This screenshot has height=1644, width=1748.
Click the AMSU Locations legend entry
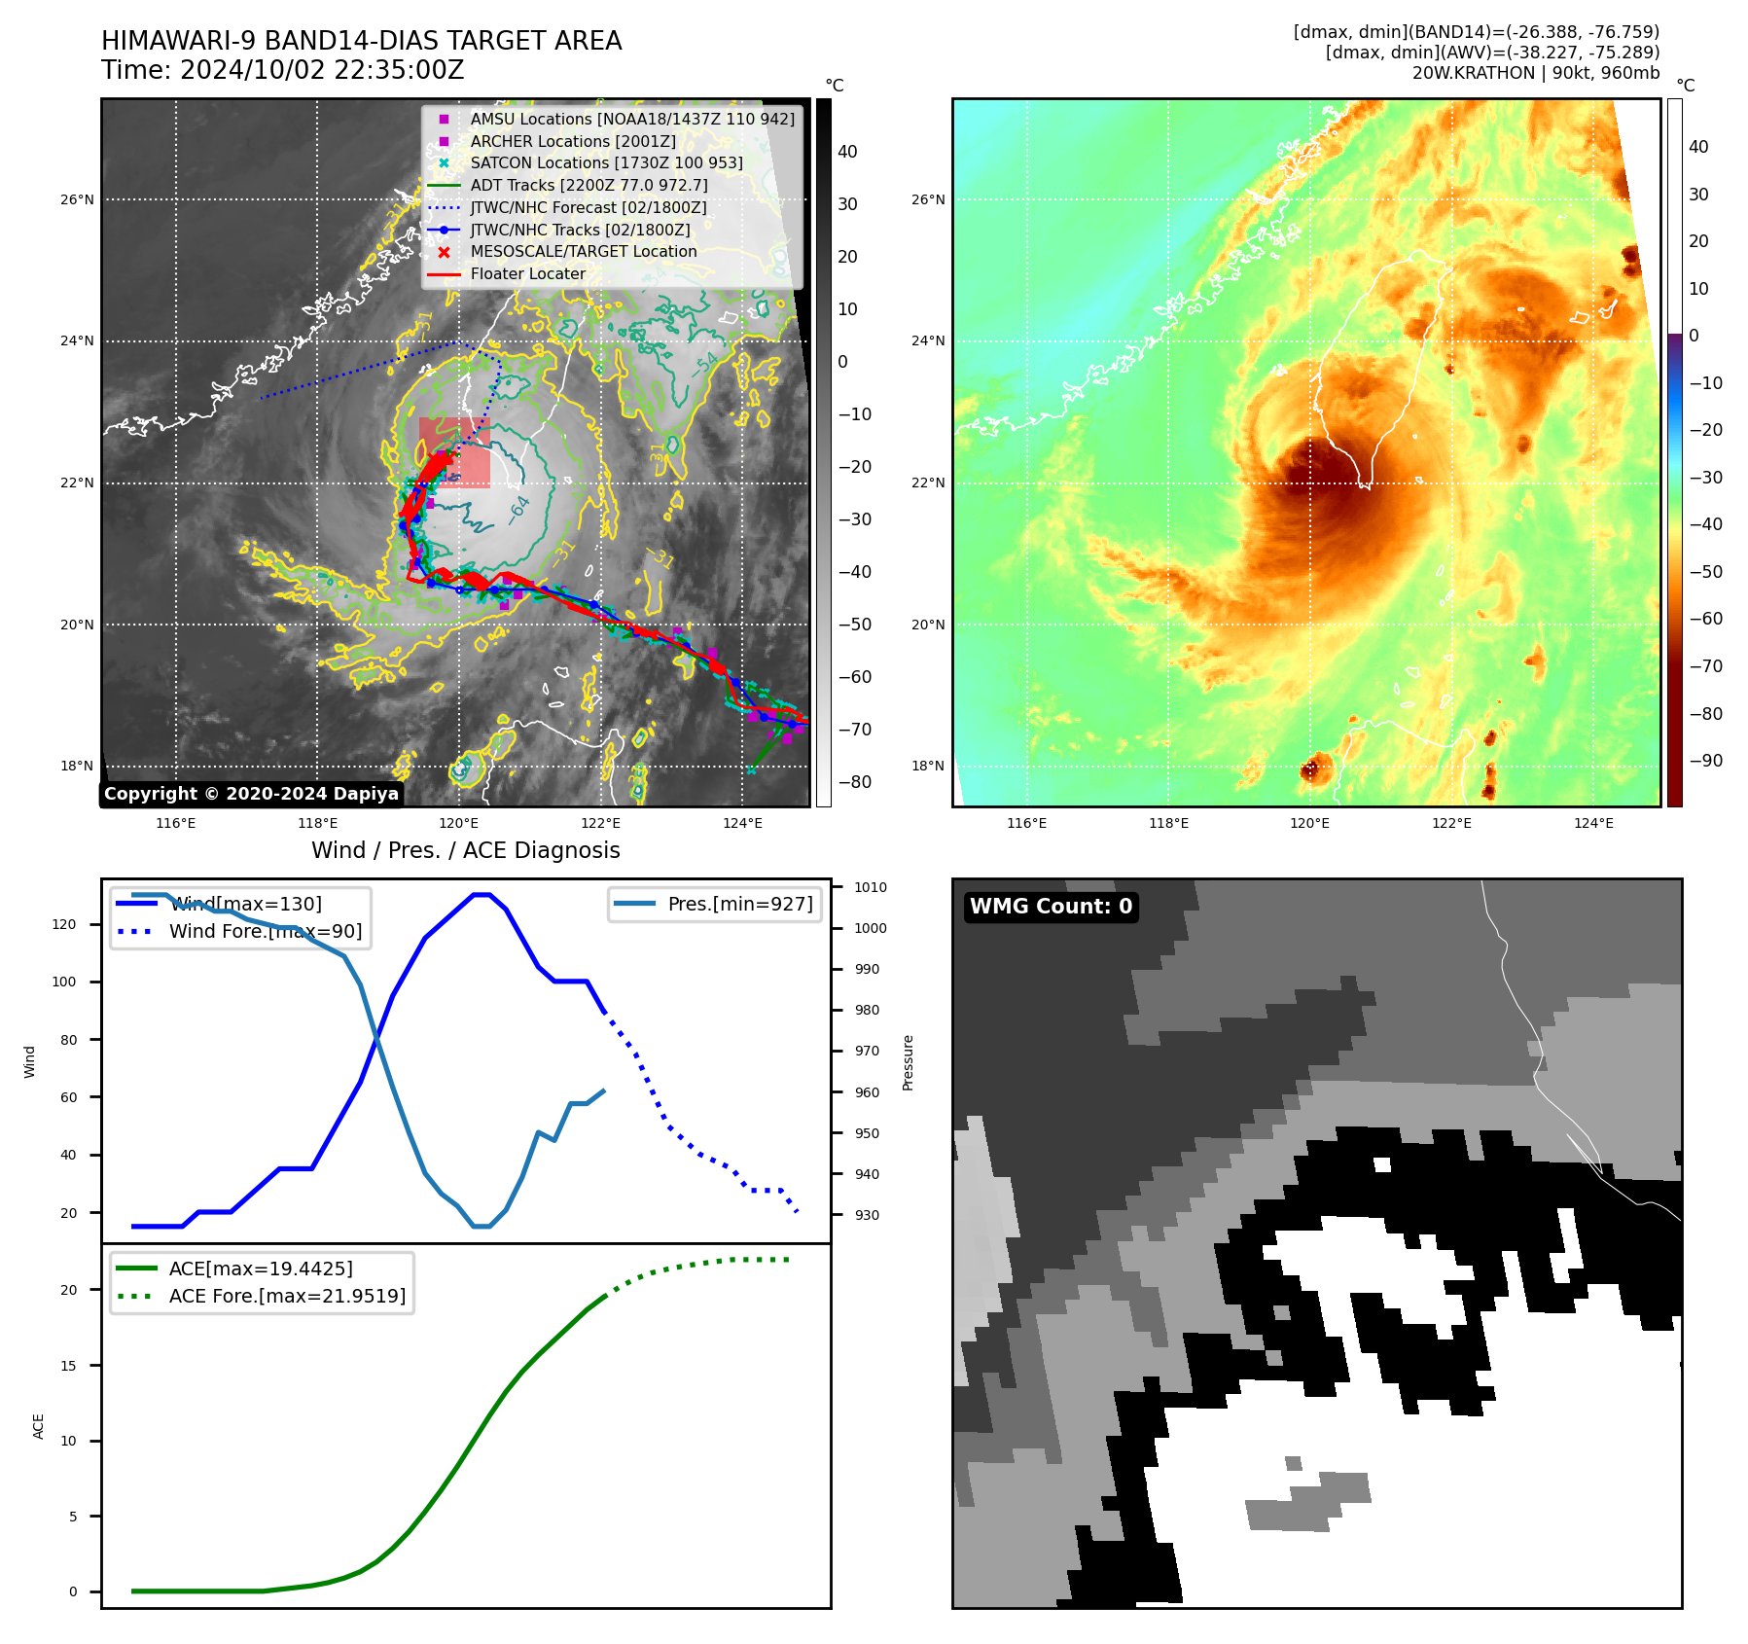[631, 119]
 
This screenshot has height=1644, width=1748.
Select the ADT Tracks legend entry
[589, 185]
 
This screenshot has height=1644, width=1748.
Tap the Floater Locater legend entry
[527, 273]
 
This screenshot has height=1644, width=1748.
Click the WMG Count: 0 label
[1051, 907]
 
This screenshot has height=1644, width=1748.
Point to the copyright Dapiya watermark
[251, 794]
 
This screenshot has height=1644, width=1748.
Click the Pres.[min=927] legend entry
[739, 904]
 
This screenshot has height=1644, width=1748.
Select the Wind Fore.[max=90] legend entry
[265, 931]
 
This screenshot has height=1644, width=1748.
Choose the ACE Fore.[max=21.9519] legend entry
[287, 1296]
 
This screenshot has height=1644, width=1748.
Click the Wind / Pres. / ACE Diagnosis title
[465, 850]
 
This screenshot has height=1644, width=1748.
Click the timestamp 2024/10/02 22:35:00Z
[322, 71]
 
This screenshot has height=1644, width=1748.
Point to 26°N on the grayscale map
[78, 200]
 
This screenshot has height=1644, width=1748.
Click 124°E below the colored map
[1593, 824]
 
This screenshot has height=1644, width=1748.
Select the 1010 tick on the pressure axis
[871, 887]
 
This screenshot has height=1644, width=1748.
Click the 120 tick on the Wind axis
[64, 924]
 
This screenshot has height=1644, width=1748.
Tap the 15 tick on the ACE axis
[68, 1366]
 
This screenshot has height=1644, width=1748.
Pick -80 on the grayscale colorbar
[855, 782]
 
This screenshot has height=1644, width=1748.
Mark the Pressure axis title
[908, 1062]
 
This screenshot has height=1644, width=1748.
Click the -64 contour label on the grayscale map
[519, 510]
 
